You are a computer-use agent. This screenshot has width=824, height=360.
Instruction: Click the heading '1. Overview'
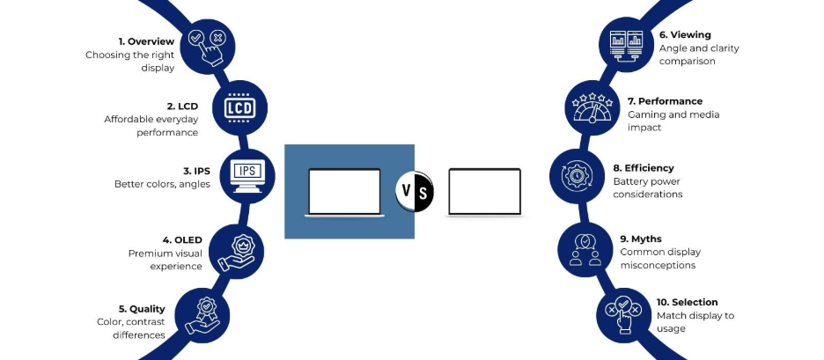point(147,41)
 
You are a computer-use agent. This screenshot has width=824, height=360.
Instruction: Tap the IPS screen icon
point(246,173)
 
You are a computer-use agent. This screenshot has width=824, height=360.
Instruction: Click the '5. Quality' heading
point(147,309)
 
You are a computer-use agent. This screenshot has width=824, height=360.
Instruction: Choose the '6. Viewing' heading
point(685,35)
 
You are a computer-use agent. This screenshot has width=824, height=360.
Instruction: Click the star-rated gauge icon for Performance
point(592,108)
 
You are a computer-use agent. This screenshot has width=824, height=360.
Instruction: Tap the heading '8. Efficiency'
point(644,167)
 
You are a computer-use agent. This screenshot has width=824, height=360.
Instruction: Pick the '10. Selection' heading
point(688,302)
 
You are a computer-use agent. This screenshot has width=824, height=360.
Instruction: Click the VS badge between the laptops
point(415,190)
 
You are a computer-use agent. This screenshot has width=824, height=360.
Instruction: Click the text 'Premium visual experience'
point(165,260)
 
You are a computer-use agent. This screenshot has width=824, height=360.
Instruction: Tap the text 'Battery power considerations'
point(648,187)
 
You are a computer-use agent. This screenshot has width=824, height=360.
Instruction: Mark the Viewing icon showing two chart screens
point(629,41)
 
